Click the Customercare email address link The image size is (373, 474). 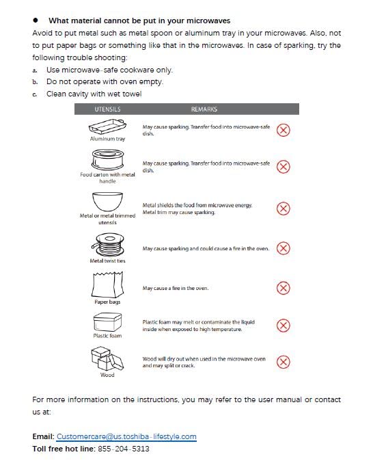coord(126,436)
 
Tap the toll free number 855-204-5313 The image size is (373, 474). coord(124,449)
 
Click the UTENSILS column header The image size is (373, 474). coord(107,109)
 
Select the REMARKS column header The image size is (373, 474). coord(204,109)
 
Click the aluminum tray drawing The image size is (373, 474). coord(107,127)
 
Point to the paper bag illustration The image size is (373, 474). coord(107,285)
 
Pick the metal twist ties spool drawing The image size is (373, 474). coord(107,245)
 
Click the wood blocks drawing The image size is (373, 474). coord(107,359)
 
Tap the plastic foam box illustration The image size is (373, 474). coord(107,322)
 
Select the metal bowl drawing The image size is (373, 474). coord(107,202)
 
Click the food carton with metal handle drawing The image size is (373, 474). coord(108,159)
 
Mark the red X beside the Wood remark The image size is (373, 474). coord(283,362)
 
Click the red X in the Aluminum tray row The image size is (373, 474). coord(283,130)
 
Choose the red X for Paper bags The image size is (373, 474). coord(283,288)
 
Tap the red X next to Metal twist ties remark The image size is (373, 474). coord(283,248)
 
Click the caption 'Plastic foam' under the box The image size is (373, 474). coord(107,336)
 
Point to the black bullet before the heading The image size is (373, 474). coord(36,21)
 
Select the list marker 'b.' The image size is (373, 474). coord(35,82)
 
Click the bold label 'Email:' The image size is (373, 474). coord(43,436)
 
